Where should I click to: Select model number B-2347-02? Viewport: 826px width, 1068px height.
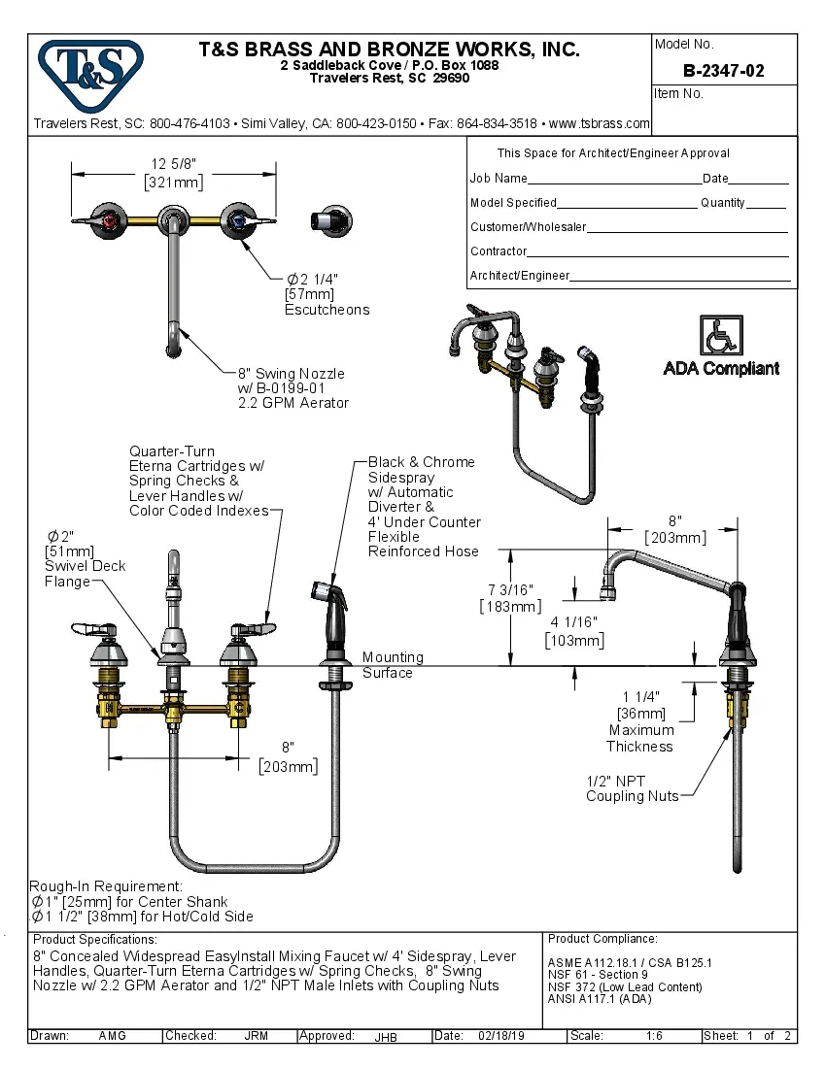pyautogui.click(x=723, y=71)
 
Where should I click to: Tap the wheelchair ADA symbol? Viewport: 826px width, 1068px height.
pyautogui.click(x=720, y=336)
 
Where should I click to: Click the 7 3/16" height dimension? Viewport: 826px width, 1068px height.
pyautogui.click(x=510, y=589)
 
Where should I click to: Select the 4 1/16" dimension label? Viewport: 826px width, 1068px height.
pyautogui.click(x=574, y=622)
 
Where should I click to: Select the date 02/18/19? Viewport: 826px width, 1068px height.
pyautogui.click(x=501, y=1036)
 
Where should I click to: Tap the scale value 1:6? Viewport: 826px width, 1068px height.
pyautogui.click(x=655, y=1036)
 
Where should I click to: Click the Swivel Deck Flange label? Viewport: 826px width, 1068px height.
pyautogui.click(x=86, y=573)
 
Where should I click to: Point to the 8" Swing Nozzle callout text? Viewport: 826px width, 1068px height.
pyautogui.click(x=292, y=374)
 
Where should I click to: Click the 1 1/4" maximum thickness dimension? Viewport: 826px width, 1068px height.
pyautogui.click(x=640, y=697)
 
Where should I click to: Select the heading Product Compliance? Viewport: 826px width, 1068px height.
pyautogui.click(x=602, y=939)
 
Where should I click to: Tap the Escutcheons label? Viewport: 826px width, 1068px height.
pyautogui.click(x=327, y=310)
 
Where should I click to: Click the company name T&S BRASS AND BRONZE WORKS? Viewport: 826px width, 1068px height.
pyautogui.click(x=389, y=50)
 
